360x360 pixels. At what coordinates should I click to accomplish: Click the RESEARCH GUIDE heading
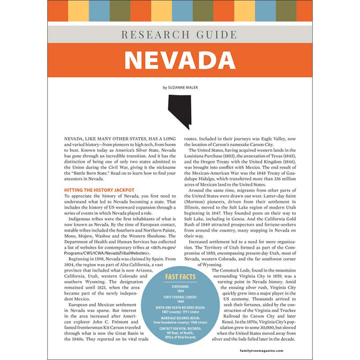coord(180,34)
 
